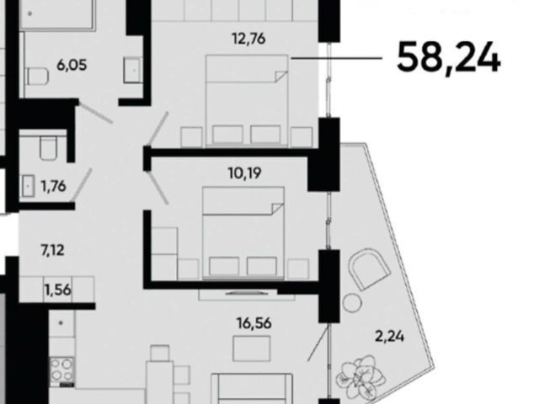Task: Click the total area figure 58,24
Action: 449,58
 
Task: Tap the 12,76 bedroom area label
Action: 248,39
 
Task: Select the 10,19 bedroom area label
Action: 245,173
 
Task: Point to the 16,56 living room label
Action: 253,323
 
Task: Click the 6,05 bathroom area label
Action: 72,65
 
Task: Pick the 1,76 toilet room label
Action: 53,186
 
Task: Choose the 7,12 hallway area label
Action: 52,250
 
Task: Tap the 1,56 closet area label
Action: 57,290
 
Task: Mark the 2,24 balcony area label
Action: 389,337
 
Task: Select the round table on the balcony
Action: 352,303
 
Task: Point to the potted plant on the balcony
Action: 360,376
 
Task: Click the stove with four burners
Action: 62,369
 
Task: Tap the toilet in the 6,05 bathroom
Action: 37,77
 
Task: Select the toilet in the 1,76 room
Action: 48,148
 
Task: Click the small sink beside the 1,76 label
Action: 28,186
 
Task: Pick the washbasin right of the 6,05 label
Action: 133,70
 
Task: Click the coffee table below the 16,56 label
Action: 252,348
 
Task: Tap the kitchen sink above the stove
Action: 61,324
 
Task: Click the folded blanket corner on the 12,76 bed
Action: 281,77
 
